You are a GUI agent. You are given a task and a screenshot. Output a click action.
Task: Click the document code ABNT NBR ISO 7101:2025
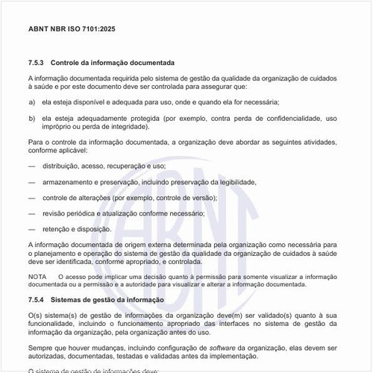pyautogui.click(x=72, y=30)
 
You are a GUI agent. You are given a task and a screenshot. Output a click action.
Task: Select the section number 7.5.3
pyautogui.click(x=37, y=63)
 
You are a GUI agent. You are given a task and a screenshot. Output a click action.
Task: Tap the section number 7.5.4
pyautogui.click(x=37, y=299)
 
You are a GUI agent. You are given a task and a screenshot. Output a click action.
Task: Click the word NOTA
pyautogui.click(x=37, y=276)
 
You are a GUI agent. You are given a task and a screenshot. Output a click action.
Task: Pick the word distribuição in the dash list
pyautogui.click(x=62, y=166)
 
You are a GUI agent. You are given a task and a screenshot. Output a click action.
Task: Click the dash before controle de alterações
pyautogui.click(x=31, y=198)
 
